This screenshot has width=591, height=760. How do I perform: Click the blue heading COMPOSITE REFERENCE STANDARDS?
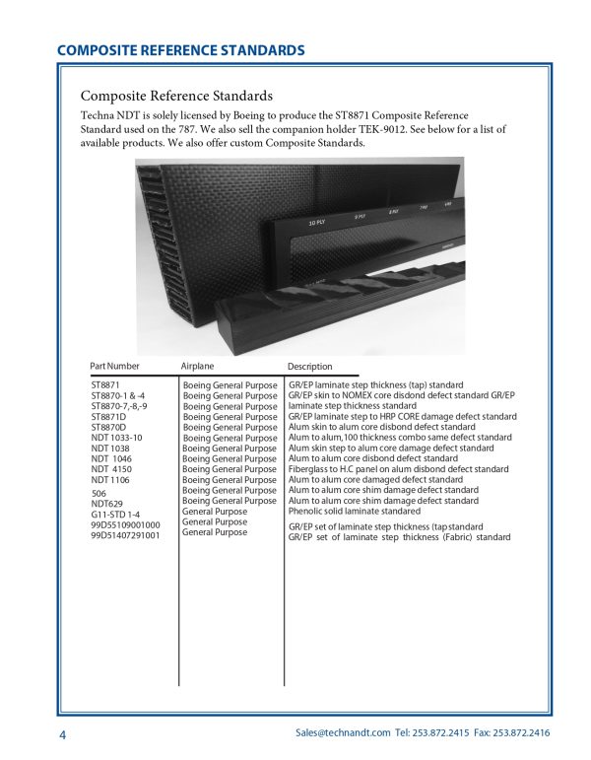click(x=180, y=50)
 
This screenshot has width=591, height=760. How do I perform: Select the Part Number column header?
click(x=114, y=366)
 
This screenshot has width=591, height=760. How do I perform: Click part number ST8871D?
click(x=109, y=417)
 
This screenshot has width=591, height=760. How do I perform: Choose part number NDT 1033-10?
click(x=116, y=438)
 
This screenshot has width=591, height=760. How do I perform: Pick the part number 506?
click(x=98, y=493)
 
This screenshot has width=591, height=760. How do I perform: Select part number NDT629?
click(x=106, y=504)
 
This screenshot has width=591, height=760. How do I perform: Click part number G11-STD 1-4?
click(x=114, y=515)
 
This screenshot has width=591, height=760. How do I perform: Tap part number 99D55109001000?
click(x=125, y=525)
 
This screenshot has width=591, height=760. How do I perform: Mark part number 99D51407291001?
click(x=125, y=536)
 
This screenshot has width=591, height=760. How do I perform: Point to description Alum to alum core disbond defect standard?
click(x=372, y=458)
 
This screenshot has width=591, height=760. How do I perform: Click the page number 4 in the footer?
click(x=61, y=735)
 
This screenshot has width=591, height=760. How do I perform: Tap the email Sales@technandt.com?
click(x=343, y=734)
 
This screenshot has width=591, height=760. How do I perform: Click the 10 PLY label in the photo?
click(x=317, y=224)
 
